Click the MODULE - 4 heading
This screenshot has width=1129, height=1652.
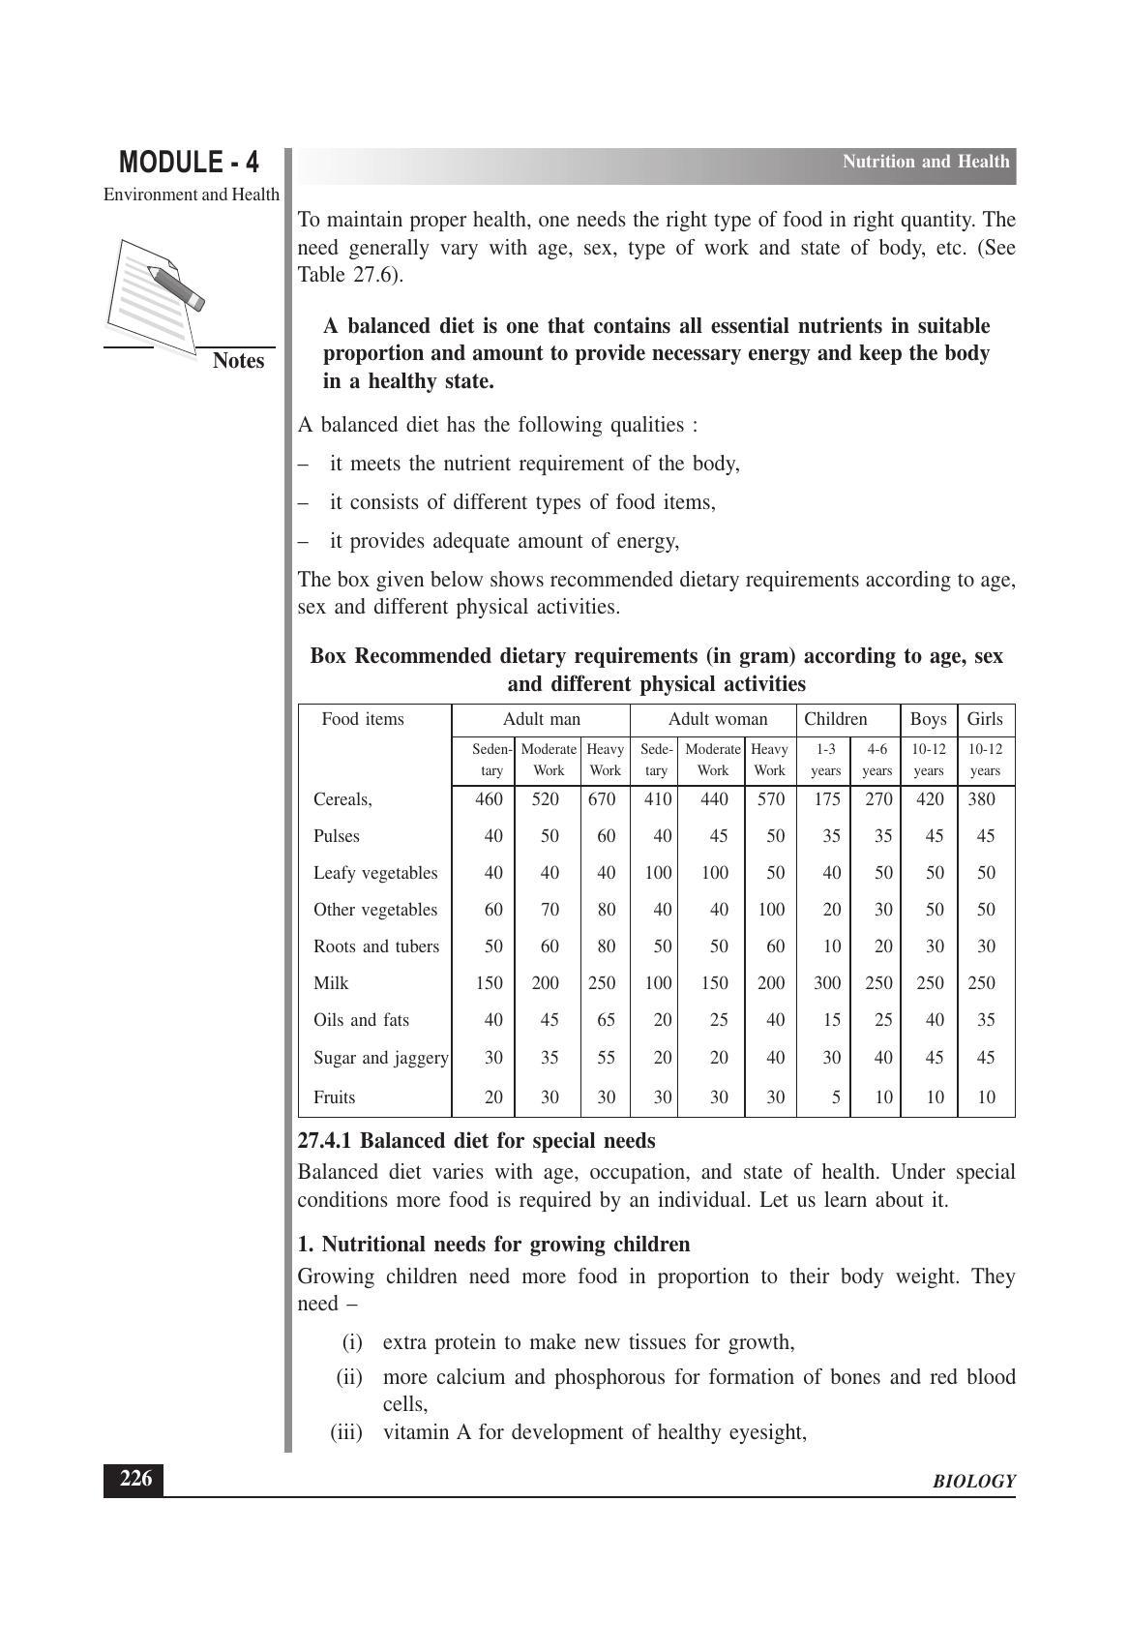[x=190, y=162]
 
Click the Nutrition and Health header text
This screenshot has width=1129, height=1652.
[x=925, y=162]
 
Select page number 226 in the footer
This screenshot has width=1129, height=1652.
[x=134, y=1480]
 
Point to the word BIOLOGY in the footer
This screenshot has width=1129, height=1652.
[x=973, y=1482]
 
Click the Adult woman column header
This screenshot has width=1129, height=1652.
[x=717, y=719]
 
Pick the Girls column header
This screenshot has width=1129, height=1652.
[x=985, y=719]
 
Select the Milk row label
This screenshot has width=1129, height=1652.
[x=331, y=983]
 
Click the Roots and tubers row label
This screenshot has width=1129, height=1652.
[x=375, y=946]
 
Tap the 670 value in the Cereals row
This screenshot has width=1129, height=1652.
[x=602, y=799]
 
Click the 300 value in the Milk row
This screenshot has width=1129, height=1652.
[x=827, y=983]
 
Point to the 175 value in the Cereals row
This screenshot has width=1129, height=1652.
[x=827, y=799]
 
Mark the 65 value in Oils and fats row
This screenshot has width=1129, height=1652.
[x=606, y=1020]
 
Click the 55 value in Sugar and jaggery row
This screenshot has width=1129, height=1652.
[x=606, y=1058]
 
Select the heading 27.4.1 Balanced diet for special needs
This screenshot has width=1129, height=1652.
[x=476, y=1141]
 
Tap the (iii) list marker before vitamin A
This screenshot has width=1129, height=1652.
[x=346, y=1432]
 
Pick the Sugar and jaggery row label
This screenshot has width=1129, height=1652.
[x=380, y=1058]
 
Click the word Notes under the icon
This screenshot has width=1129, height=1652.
[x=238, y=361]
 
